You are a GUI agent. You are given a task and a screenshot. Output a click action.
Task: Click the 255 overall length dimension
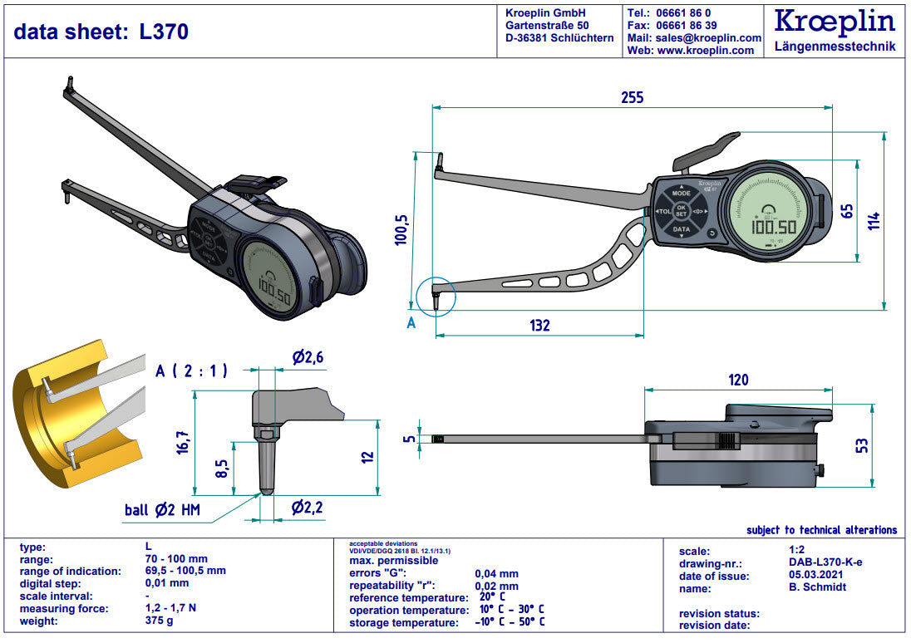(632, 97)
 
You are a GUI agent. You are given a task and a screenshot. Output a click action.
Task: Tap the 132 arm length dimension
(539, 325)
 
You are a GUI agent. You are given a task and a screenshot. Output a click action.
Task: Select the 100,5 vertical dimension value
(401, 231)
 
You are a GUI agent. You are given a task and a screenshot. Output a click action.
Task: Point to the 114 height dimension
(874, 220)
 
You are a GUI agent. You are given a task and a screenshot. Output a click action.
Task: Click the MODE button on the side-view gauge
(681, 192)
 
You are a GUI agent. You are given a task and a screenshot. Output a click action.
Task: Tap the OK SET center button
(681, 210)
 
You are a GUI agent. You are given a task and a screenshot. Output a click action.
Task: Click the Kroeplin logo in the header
(834, 22)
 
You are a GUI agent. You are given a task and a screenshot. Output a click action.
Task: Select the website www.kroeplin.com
(705, 51)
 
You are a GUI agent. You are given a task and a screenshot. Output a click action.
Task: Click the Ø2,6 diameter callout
(308, 358)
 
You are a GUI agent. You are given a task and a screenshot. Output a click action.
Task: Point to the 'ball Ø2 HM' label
(163, 509)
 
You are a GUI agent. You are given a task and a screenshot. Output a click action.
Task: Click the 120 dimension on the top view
(737, 380)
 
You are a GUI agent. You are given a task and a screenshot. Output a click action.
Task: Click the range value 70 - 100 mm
(176, 559)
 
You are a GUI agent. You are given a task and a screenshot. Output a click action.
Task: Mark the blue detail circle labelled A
(436, 296)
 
